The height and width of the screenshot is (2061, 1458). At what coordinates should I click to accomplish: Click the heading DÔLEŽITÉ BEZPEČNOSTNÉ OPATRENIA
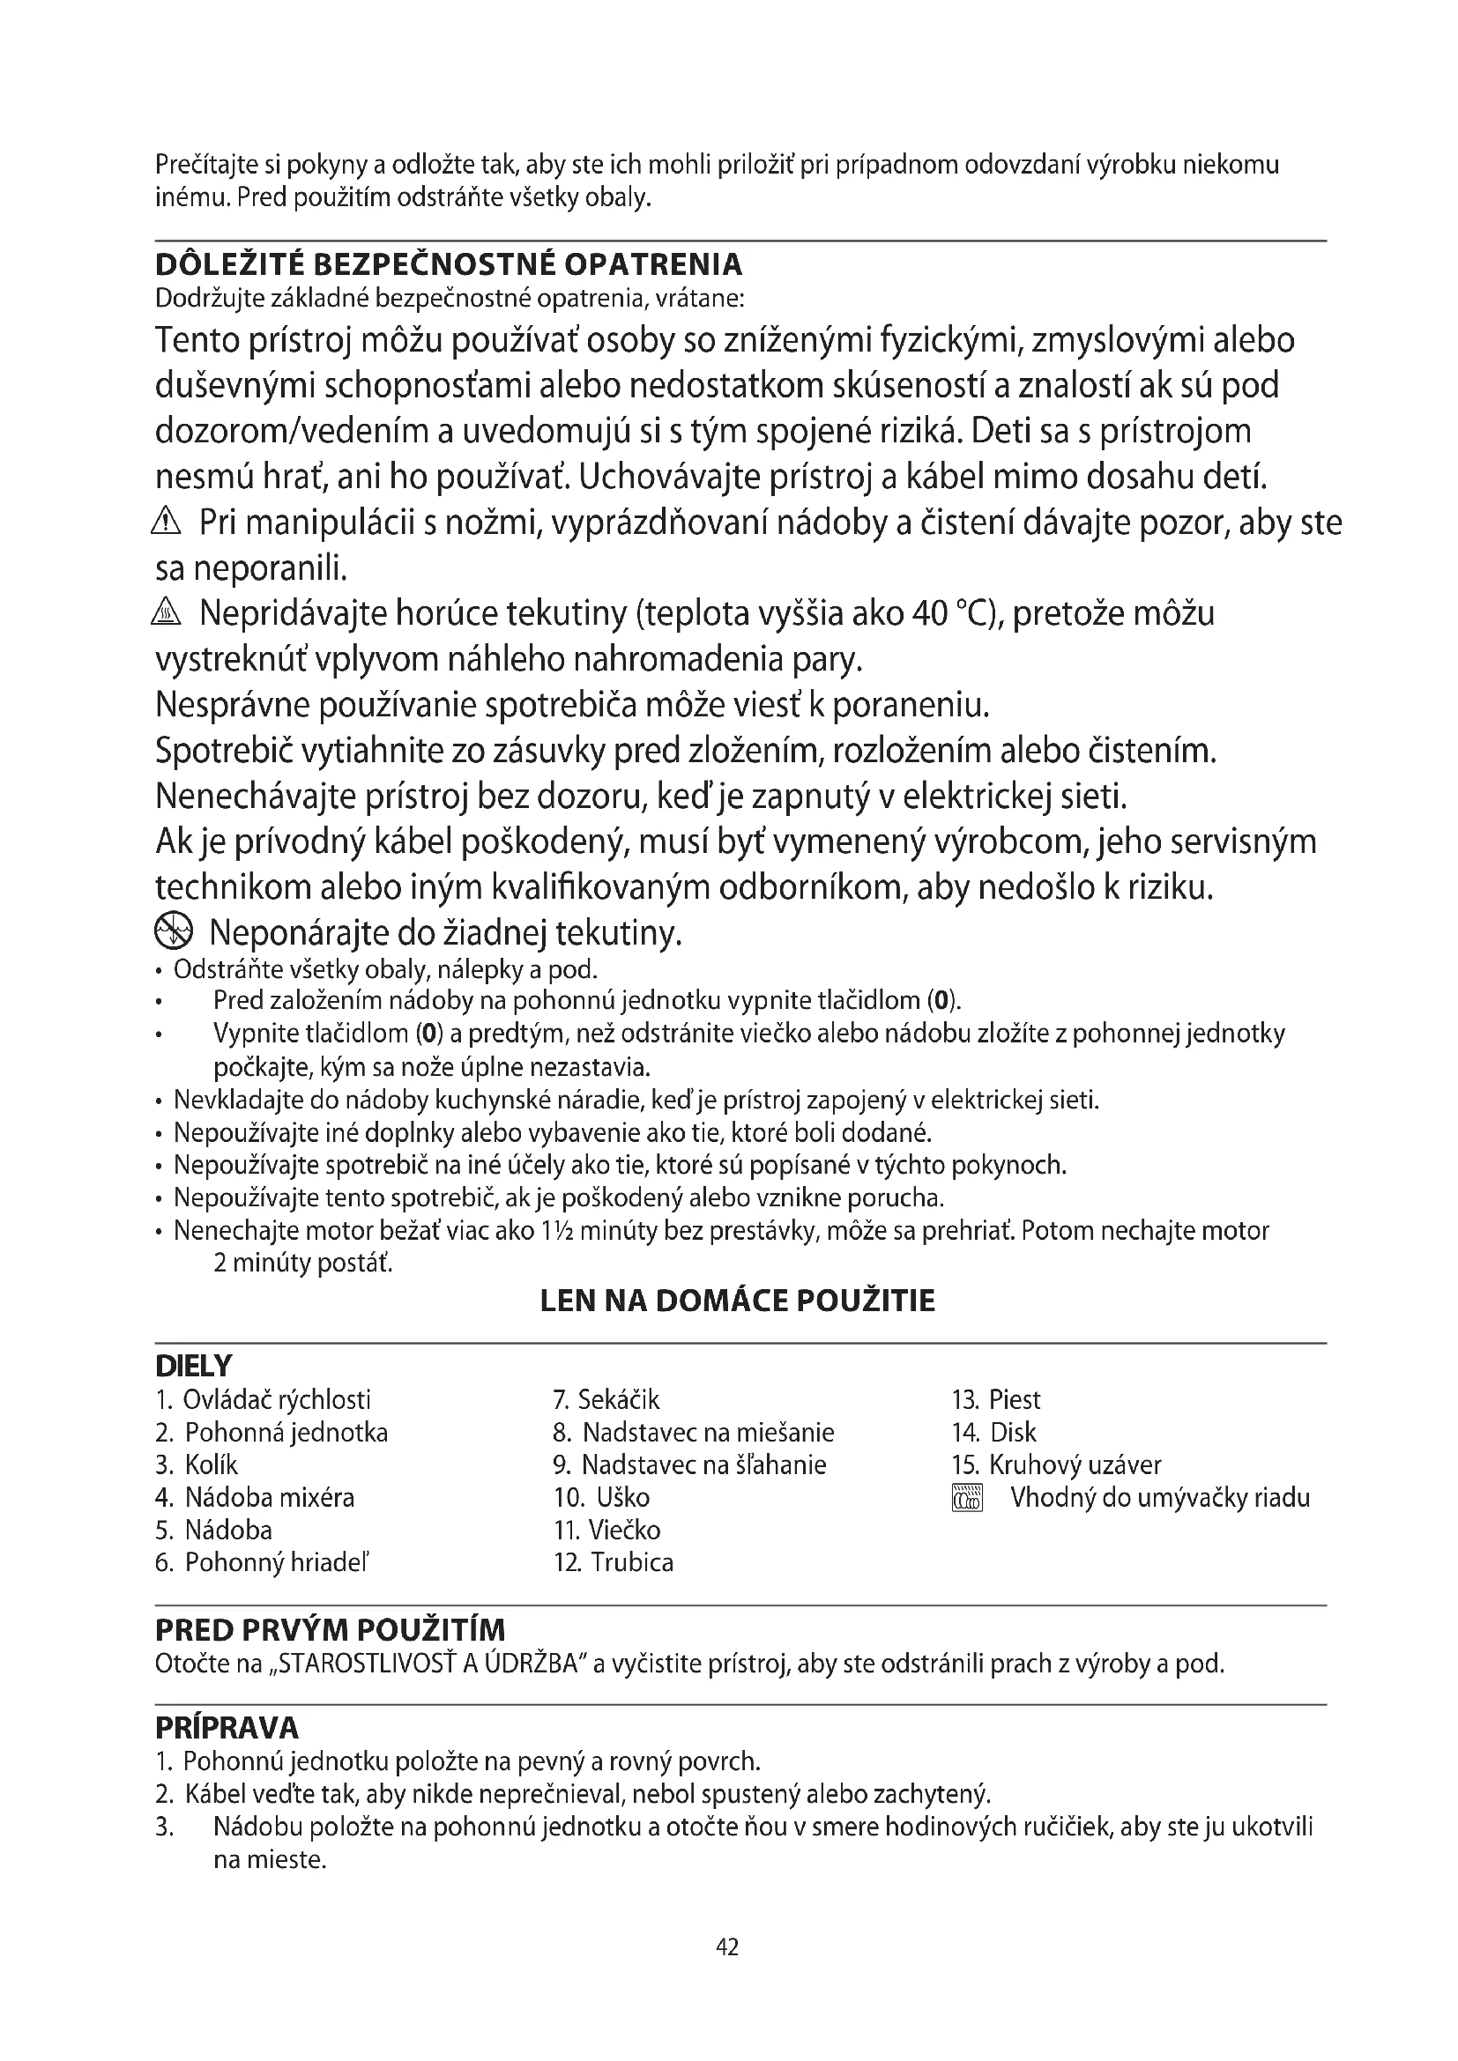tap(449, 265)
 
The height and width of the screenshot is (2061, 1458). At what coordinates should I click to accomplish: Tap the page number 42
tap(727, 1946)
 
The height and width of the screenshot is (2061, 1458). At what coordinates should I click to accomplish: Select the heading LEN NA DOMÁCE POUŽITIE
tap(737, 1301)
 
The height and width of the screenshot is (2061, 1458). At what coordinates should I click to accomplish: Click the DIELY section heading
tap(193, 1367)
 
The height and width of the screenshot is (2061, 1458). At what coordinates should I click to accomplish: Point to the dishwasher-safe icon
tap(967, 1498)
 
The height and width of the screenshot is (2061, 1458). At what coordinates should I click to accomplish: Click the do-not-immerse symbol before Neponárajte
tap(174, 933)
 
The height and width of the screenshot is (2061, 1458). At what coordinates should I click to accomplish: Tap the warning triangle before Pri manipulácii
tap(167, 521)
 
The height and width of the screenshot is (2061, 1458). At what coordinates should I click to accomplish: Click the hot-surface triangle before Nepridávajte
tap(167, 613)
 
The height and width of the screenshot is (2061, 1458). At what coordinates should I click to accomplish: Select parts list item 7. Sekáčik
tap(606, 1400)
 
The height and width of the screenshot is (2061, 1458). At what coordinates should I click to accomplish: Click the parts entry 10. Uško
tap(601, 1497)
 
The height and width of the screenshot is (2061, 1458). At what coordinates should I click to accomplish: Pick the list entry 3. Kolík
tap(197, 1465)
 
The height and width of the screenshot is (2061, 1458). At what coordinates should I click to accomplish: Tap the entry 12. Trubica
tap(614, 1563)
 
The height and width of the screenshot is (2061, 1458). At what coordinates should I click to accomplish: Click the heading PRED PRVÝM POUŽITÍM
tap(331, 1630)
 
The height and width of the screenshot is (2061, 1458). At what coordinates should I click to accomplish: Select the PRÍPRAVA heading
tap(227, 1728)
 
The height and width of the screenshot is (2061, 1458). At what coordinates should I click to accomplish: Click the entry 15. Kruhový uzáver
tap(1056, 1465)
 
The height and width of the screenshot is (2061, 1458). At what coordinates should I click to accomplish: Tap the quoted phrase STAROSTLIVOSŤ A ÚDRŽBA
tap(428, 1664)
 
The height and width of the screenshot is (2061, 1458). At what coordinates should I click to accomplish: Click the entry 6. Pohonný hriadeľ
tap(262, 1563)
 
